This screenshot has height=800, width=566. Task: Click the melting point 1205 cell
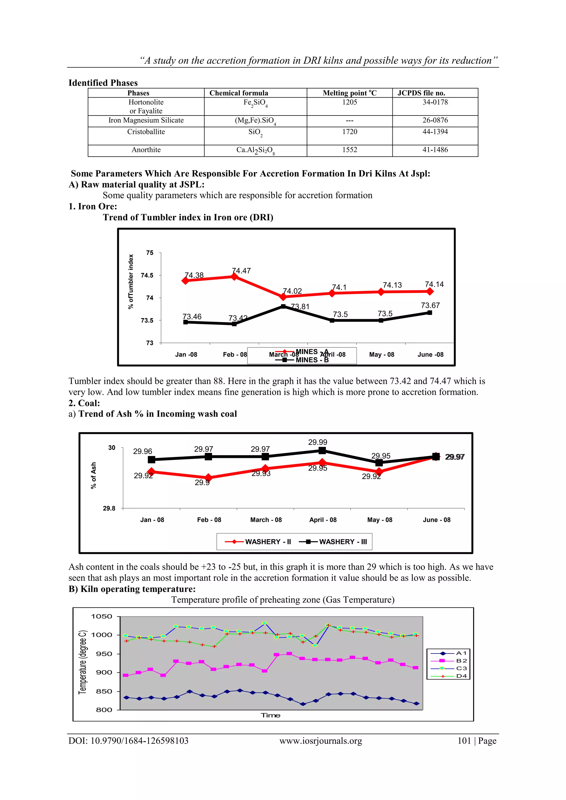coord(349,102)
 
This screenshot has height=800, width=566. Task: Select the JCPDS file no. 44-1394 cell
coord(435,132)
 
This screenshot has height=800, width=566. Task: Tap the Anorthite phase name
coord(146,150)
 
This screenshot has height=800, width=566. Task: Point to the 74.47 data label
coord(242,271)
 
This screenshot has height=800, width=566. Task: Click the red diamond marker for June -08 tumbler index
coord(430,291)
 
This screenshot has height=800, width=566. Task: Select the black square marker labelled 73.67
coord(430,313)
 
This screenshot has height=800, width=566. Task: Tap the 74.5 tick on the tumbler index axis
coord(147,275)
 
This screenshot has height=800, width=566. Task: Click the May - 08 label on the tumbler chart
coord(382,354)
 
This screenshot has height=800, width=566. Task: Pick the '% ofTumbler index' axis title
coord(131,282)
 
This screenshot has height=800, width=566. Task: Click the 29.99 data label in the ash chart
coord(318,442)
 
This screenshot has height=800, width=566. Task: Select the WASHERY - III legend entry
coord(334,541)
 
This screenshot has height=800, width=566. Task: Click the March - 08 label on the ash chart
coord(266,520)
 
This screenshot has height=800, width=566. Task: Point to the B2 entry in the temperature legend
coord(461,661)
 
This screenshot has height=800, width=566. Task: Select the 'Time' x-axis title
coord(271,715)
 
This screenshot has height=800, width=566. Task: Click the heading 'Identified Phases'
coord(103,83)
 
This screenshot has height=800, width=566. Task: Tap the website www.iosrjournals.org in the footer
coord(321,741)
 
